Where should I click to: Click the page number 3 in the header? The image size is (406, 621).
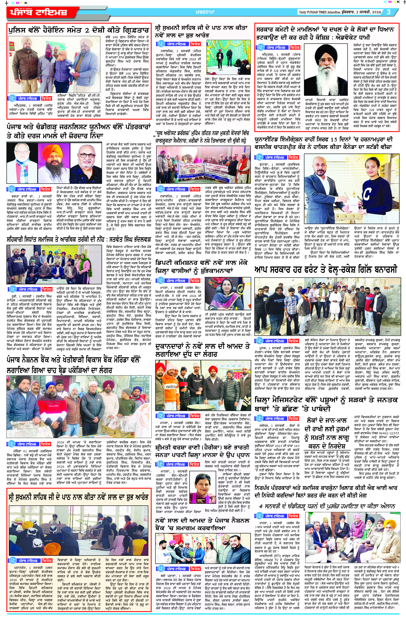pos(389,12)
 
